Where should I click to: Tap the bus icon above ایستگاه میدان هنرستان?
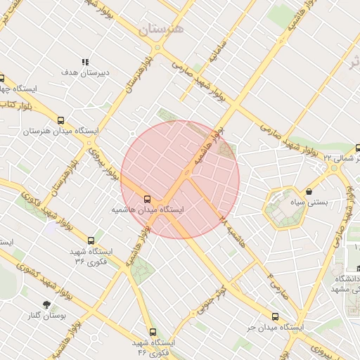[60, 120]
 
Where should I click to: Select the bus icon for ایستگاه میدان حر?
[274, 317]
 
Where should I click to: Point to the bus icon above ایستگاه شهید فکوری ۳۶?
[91, 240]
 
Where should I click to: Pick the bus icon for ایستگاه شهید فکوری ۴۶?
[153, 331]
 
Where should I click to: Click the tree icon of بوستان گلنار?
[47, 304]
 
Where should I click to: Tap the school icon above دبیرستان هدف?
[84, 62]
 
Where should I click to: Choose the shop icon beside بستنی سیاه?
[309, 191]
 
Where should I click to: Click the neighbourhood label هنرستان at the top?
[161, 30]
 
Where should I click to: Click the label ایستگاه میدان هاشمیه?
[148, 210]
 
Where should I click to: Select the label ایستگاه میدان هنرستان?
[61, 131]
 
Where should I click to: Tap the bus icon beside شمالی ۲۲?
[358, 148]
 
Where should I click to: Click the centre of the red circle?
[180, 179]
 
